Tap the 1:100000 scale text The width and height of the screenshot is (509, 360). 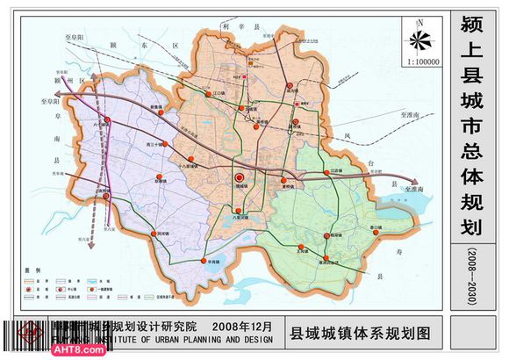click(422, 62)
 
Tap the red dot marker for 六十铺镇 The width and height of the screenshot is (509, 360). click(107, 120)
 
